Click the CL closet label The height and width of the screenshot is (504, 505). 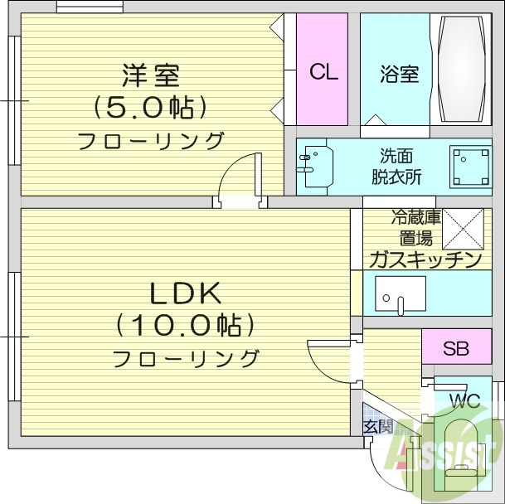click(324, 72)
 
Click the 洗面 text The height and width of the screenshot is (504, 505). click(396, 155)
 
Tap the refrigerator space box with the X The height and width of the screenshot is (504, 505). click(463, 227)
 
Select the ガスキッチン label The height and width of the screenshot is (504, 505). click(424, 260)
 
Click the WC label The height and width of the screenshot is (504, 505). click(464, 401)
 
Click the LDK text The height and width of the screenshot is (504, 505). click(184, 294)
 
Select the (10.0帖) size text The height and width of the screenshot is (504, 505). click(184, 326)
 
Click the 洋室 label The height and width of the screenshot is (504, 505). click(151, 76)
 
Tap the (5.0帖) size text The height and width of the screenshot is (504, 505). click(150, 108)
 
